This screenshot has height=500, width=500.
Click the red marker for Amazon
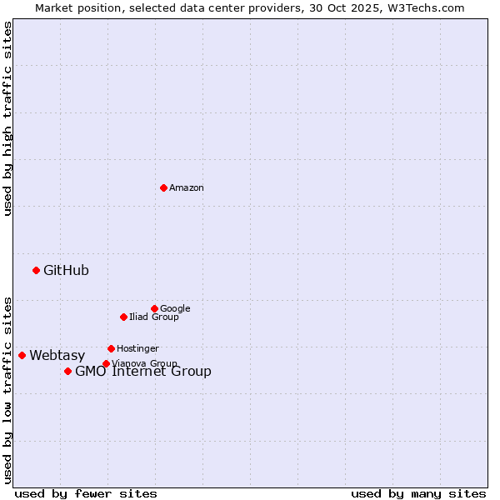(163, 187)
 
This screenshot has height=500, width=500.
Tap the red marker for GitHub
(36, 270)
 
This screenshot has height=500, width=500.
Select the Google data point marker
(154, 308)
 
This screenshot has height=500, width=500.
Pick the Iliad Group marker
(123, 317)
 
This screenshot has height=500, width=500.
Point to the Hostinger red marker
(111, 348)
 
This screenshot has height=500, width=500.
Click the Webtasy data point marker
(22, 355)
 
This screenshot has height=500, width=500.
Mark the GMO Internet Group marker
(67, 371)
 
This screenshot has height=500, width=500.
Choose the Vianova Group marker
(106, 363)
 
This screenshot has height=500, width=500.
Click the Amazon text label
(187, 188)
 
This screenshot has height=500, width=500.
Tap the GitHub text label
(66, 270)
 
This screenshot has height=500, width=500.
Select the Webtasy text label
(57, 356)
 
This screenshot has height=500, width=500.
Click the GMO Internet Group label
(143, 372)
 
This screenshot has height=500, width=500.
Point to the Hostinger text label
(137, 348)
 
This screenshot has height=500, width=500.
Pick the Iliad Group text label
(154, 317)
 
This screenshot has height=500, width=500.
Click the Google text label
(175, 308)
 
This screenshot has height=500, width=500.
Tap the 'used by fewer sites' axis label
(86, 493)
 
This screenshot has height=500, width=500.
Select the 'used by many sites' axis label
(418, 493)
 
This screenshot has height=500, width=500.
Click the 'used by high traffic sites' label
(7, 118)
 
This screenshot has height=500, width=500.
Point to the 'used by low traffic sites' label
(7, 389)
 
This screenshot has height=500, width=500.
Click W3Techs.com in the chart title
(429, 7)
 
